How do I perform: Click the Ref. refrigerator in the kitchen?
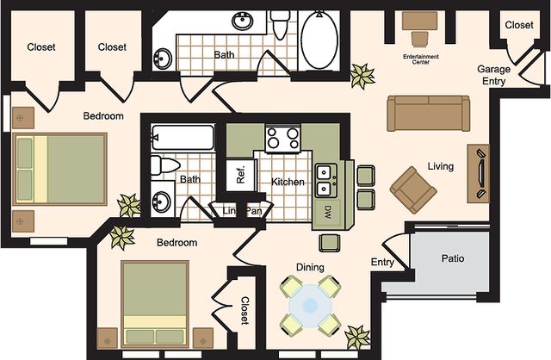coord(241,175)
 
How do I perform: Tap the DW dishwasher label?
coord(327,211)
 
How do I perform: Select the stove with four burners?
coord(283,139)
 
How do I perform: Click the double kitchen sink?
coord(325,181)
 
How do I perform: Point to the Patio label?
coord(453,258)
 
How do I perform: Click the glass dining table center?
coord(310,305)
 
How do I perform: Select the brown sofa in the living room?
coord(428,114)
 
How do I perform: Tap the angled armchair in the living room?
coord(413,189)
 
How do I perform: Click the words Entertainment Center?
coord(421,59)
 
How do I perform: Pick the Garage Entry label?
coord(493,75)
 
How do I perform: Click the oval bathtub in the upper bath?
coord(319,40)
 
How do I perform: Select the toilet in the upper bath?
coord(280,25)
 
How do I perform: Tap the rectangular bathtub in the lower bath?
coord(183,138)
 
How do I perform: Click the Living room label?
coord(440,166)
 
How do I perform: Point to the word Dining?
coord(310,267)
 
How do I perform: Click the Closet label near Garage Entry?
coord(519,25)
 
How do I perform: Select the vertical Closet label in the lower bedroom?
coord(245,310)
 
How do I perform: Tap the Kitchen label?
coord(288,182)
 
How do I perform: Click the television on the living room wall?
coord(480,173)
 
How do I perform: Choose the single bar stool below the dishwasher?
coord(330,243)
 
